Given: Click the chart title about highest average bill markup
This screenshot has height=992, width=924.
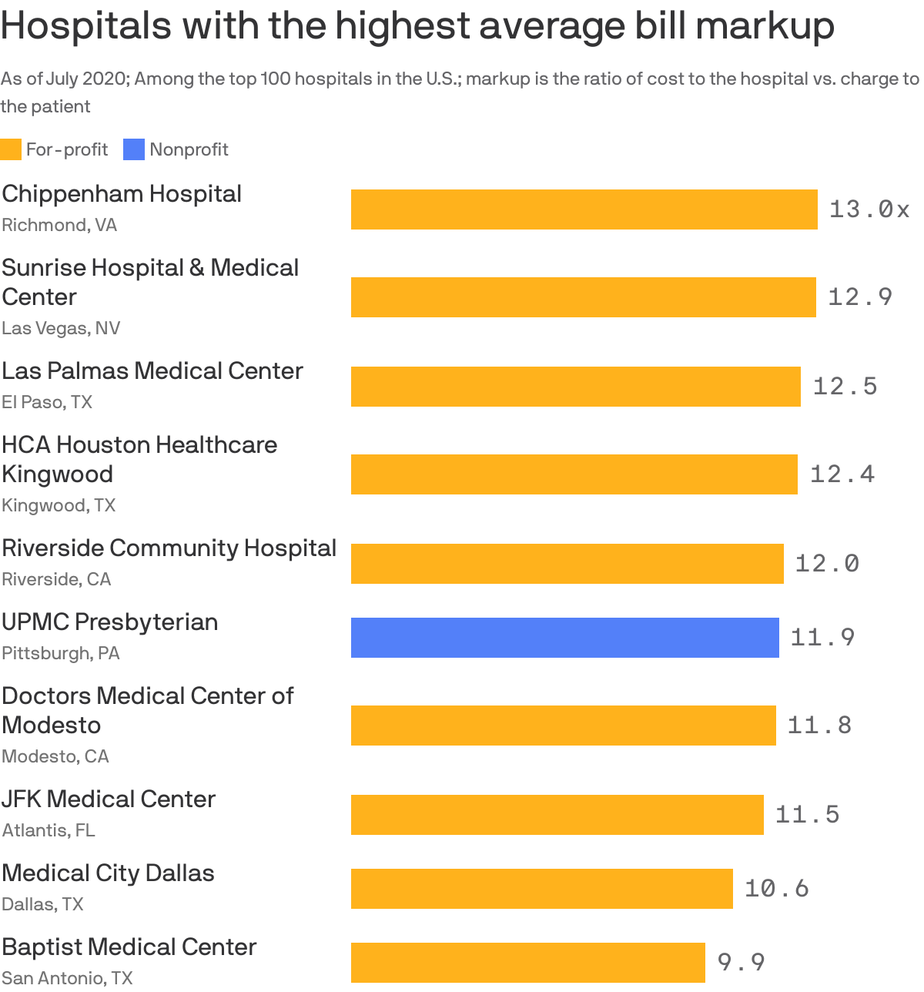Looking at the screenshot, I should [x=417, y=26].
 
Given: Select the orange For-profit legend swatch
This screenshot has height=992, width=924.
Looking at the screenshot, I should [x=11, y=149].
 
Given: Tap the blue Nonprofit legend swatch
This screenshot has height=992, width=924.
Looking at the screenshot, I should [x=134, y=149].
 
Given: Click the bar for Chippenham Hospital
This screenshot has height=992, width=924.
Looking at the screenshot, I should [x=584, y=209].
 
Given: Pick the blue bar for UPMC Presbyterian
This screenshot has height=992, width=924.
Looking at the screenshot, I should [x=564, y=638].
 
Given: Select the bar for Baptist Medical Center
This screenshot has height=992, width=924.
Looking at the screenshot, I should [x=527, y=963].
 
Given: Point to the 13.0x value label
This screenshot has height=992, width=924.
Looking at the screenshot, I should [x=869, y=209].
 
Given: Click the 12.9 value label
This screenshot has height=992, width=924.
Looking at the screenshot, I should [x=859, y=297].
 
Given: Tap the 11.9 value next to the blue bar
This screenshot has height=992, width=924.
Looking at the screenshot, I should [x=822, y=638].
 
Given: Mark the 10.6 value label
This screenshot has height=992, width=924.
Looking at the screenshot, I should [x=776, y=889].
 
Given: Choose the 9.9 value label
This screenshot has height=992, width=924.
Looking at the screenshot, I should [x=741, y=963].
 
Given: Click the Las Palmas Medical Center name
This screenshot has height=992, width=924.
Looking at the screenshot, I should [x=152, y=371].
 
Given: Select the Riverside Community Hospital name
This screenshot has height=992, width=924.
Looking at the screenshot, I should [x=169, y=548].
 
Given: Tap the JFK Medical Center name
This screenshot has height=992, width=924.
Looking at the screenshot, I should [x=109, y=799].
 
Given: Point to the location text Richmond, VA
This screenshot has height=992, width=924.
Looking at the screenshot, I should [x=59, y=225].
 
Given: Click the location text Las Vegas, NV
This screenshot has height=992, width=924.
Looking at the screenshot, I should [x=61, y=328].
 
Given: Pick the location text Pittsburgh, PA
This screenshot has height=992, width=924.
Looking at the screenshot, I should [x=61, y=653].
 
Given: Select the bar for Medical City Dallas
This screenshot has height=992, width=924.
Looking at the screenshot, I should [x=541, y=889].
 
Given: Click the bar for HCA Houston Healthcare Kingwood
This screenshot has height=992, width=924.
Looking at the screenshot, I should [x=574, y=474].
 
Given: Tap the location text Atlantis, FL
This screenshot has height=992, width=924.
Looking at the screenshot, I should [x=49, y=830].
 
